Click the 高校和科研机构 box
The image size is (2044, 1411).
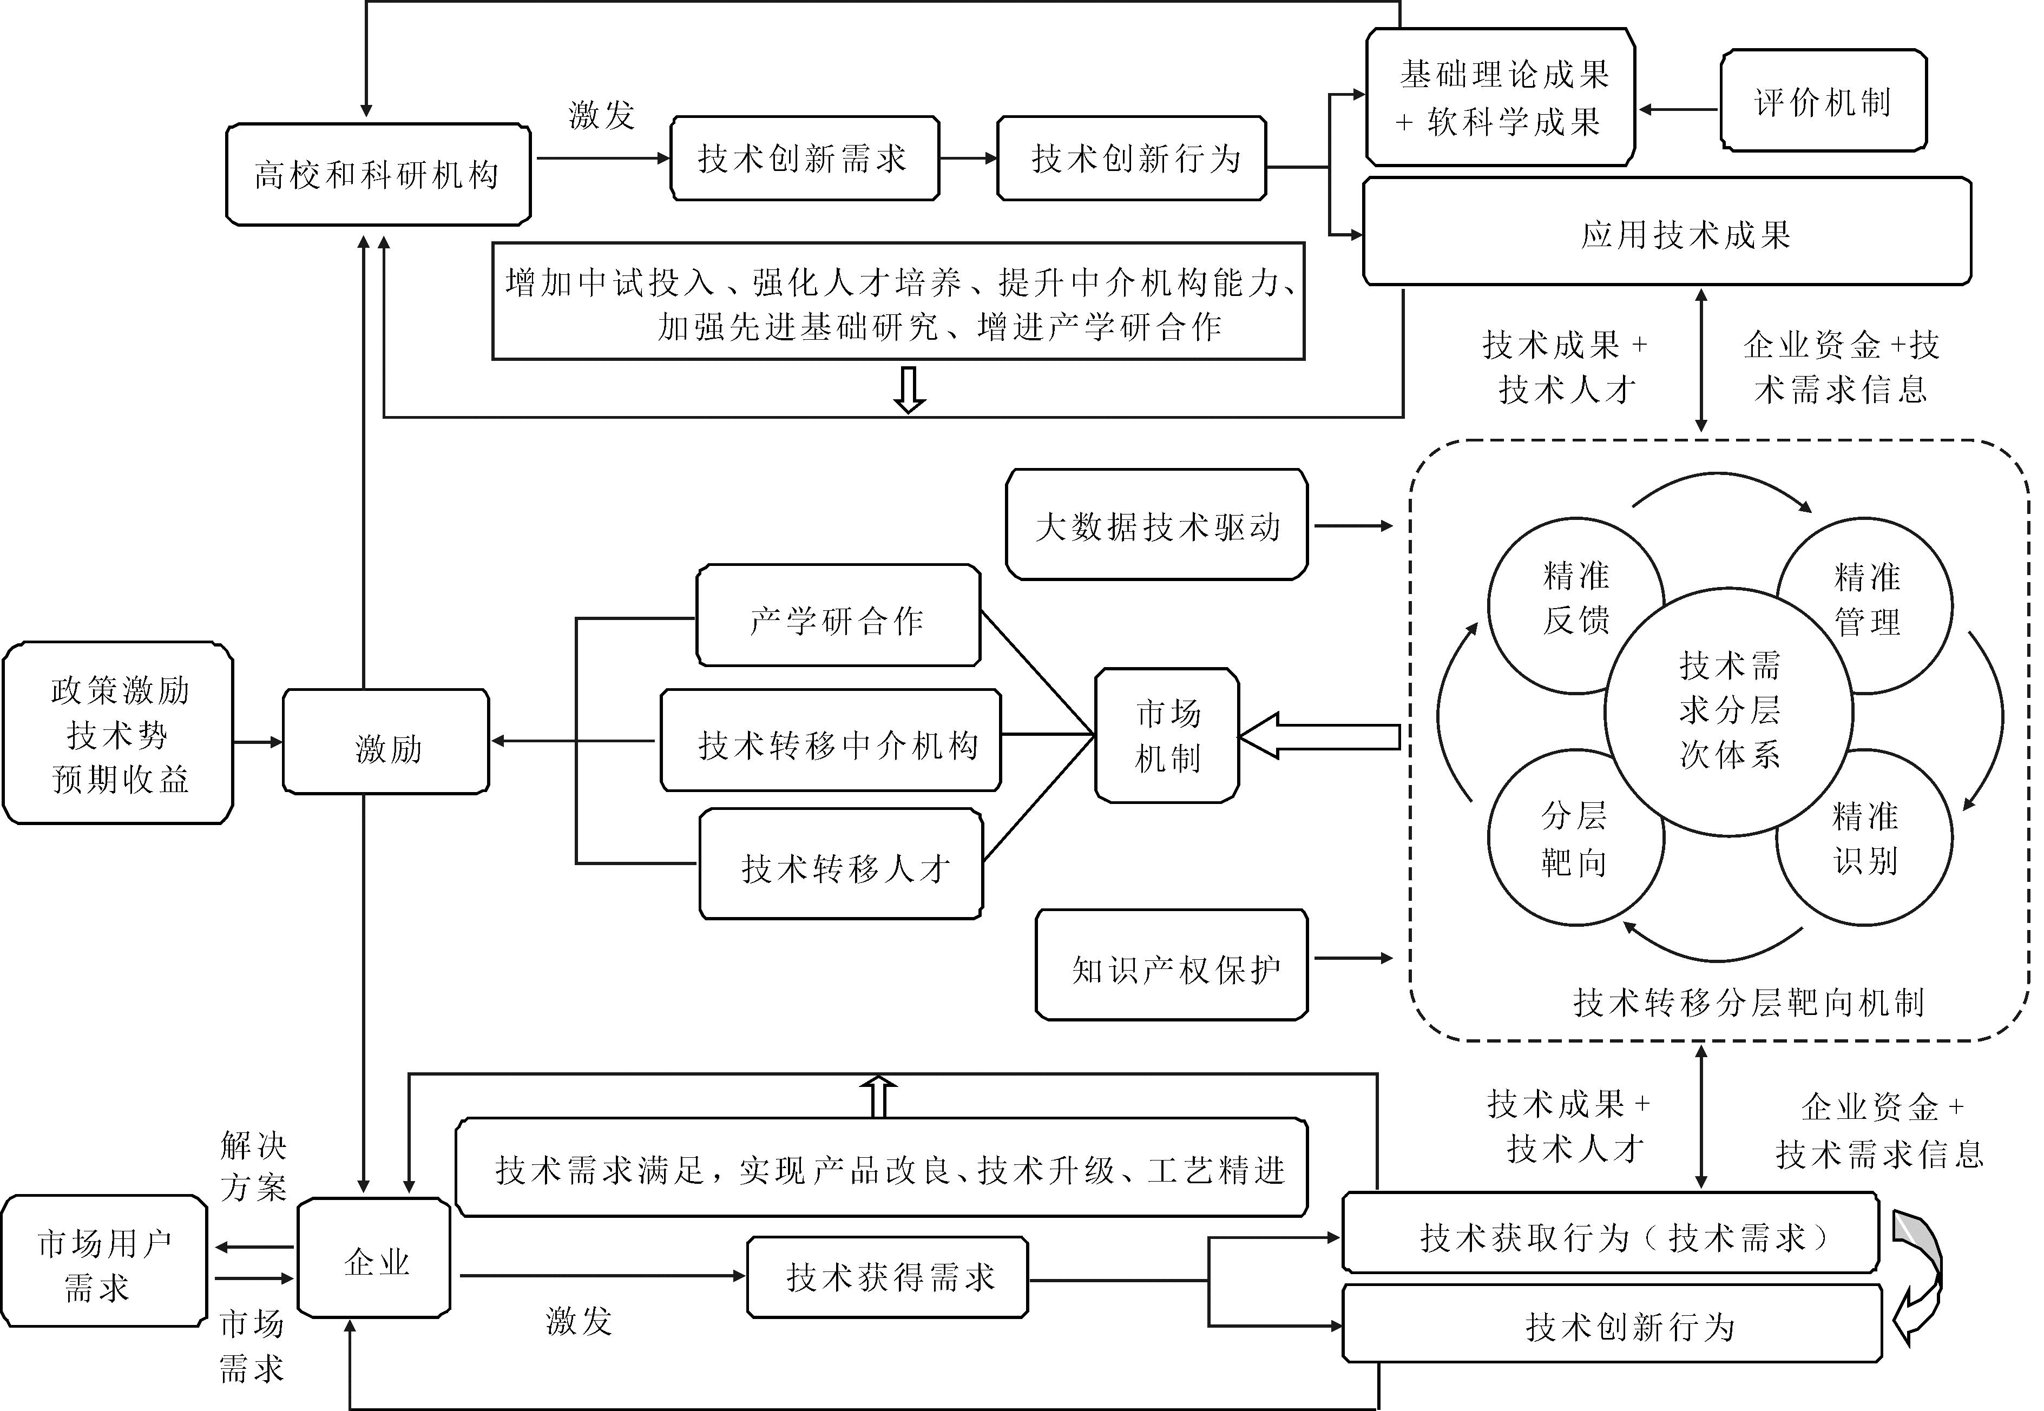(378, 174)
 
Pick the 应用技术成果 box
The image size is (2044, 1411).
(1666, 233)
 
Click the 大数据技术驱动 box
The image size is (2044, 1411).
(1156, 525)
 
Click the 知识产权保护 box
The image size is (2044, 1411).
(1172, 965)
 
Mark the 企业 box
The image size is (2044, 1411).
(374, 1257)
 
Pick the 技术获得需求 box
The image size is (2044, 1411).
(887, 1277)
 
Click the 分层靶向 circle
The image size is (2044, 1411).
(1557, 845)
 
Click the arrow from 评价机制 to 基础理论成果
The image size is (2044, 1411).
(1677, 110)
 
